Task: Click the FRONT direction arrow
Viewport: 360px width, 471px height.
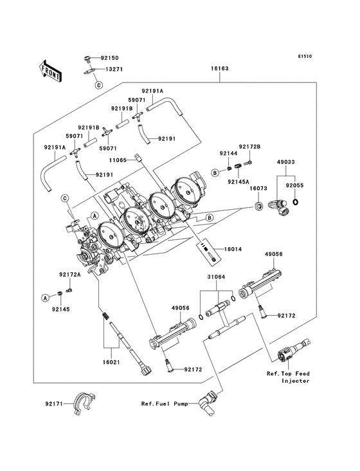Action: [51, 70]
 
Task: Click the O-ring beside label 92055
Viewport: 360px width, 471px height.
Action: [295, 204]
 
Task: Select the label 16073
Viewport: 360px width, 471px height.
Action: [258, 189]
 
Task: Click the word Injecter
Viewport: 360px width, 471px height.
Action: [296, 382]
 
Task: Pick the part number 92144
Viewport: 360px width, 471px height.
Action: [228, 154]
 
